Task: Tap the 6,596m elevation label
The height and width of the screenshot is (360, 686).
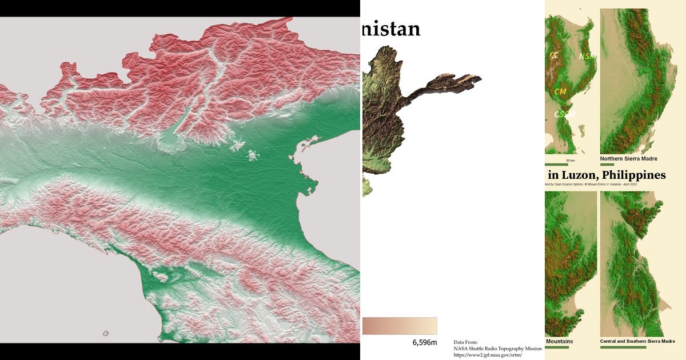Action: (424, 342)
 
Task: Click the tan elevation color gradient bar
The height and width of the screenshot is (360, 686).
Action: (400, 326)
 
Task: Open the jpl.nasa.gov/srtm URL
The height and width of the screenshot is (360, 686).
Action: (488, 355)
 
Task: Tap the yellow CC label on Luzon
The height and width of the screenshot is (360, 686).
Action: (554, 55)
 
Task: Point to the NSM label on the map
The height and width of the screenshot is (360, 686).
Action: (587, 56)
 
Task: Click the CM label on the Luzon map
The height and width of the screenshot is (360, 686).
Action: (560, 91)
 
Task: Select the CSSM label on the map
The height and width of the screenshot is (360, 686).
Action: (564, 114)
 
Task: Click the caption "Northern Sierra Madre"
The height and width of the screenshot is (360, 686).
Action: (628, 158)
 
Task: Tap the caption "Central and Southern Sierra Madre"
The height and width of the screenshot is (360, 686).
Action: (637, 341)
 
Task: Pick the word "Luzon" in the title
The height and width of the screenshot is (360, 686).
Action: (580, 175)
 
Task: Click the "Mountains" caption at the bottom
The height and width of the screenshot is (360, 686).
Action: (559, 342)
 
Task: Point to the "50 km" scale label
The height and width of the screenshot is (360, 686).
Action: (570, 161)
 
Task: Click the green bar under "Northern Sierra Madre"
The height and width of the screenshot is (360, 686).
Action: (607, 165)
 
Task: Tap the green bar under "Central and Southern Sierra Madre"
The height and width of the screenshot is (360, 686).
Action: (623, 347)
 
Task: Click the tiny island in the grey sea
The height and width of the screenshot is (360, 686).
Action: (106, 333)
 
